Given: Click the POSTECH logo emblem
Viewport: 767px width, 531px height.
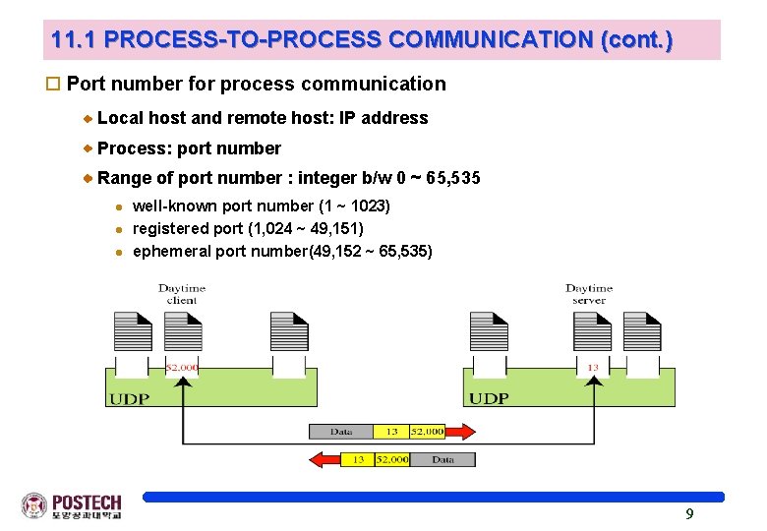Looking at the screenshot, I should coord(34,505).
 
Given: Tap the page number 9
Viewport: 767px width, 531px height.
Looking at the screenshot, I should coord(689,513).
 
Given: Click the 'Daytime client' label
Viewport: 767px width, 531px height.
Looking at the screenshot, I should coord(182,293).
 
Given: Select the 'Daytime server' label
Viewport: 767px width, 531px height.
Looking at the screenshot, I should coord(589,293).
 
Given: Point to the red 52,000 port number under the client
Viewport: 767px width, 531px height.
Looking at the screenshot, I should coord(182,367).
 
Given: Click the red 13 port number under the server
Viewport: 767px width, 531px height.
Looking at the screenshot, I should coord(592,367).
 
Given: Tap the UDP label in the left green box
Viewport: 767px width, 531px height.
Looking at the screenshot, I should coord(130,398).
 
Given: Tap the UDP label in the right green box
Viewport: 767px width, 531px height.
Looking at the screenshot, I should coord(489,398).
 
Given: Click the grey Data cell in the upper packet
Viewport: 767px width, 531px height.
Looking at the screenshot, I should coord(341,431).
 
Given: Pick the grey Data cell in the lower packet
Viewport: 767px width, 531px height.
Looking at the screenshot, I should coord(442,459).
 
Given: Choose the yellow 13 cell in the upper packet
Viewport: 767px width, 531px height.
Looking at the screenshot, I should coord(391,431).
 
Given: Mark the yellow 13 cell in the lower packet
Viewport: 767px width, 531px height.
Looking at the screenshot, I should coord(358,459).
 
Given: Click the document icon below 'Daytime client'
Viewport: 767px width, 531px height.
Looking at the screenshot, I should coord(182,331).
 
